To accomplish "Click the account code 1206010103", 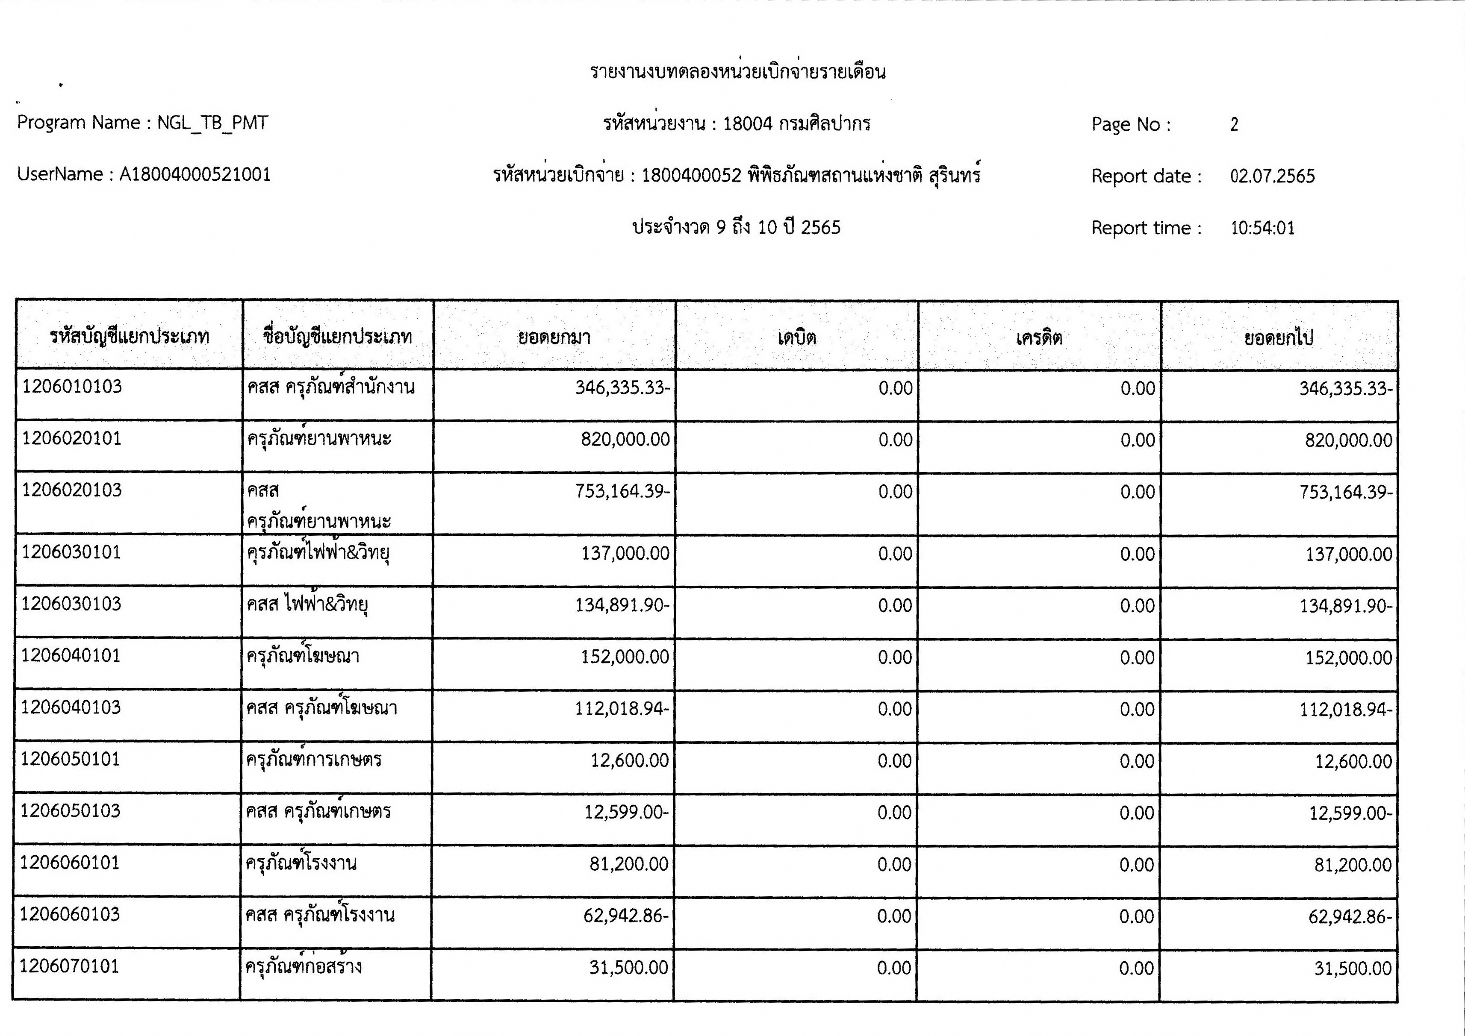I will (72, 387).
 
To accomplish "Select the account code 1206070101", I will (70, 966).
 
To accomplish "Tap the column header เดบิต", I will (797, 337).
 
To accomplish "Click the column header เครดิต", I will (1039, 337).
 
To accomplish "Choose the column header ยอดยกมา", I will (554, 337).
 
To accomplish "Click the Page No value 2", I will (1235, 124).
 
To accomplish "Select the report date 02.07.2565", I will (1272, 176).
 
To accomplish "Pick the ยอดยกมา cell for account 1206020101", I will (625, 440).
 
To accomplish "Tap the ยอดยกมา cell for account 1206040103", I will (622, 709).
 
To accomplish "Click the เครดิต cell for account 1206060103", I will (1136, 916).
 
